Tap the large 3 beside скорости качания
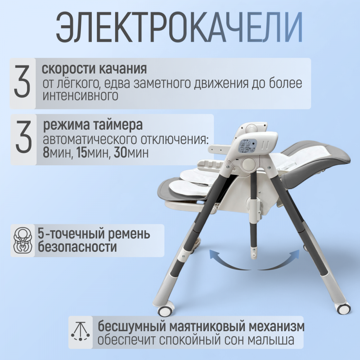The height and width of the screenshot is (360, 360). pyautogui.click(x=22, y=81)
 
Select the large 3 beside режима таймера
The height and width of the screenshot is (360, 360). pyautogui.click(x=23, y=137)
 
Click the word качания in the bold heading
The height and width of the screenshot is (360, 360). pyautogui.click(x=123, y=69)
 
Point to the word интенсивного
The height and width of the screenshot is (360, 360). pyautogui.click(x=80, y=96)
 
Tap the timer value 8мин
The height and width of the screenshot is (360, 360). pyautogui.click(x=56, y=153)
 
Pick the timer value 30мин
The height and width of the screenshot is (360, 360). pyautogui.click(x=131, y=153)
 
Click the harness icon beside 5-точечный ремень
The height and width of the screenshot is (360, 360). pyautogui.click(x=23, y=240)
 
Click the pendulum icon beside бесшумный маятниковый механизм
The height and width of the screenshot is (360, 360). pyautogui.click(x=80, y=332)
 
